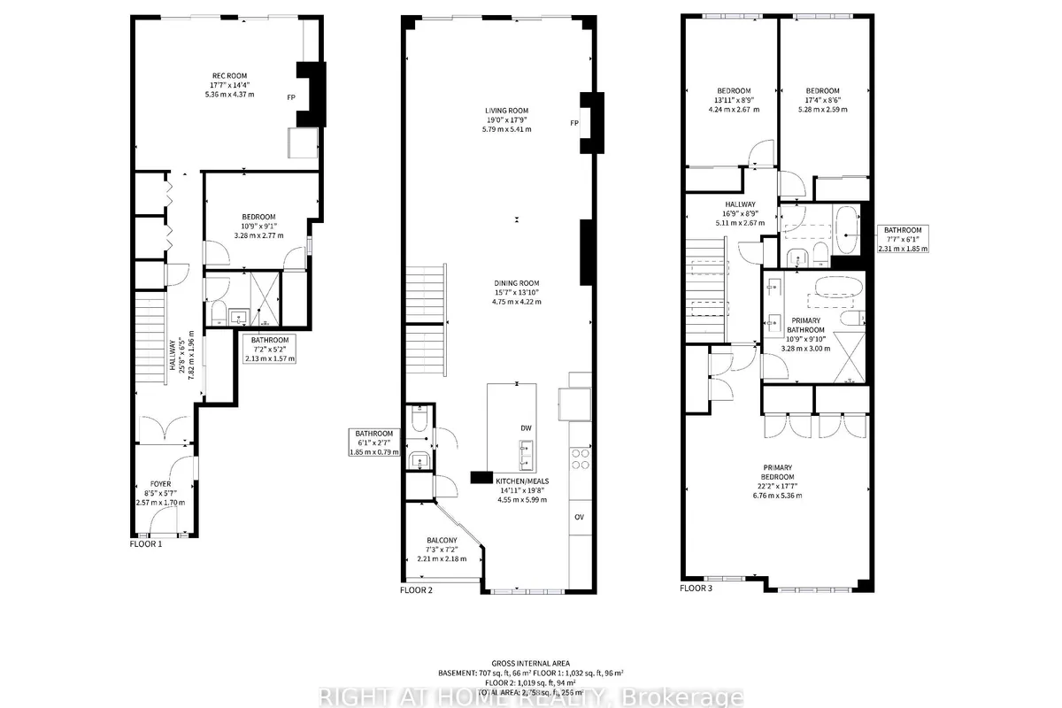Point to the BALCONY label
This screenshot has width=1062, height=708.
[442, 541]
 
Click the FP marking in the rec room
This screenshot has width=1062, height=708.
[291, 97]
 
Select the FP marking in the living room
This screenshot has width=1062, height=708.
[574, 123]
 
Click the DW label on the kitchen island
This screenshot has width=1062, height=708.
[526, 427]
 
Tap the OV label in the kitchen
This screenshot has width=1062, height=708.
[579, 517]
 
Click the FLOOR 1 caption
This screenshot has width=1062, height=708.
[146, 544]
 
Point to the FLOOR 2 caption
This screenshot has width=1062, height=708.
[416, 589]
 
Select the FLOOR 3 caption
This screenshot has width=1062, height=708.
[696, 587]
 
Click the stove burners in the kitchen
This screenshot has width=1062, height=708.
[581, 458]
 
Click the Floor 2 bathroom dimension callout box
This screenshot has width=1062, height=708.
[373, 442]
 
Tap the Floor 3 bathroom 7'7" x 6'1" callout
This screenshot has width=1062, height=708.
[904, 239]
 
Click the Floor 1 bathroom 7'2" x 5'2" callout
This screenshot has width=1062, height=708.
[270, 349]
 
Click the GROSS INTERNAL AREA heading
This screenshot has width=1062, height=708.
[531, 662]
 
